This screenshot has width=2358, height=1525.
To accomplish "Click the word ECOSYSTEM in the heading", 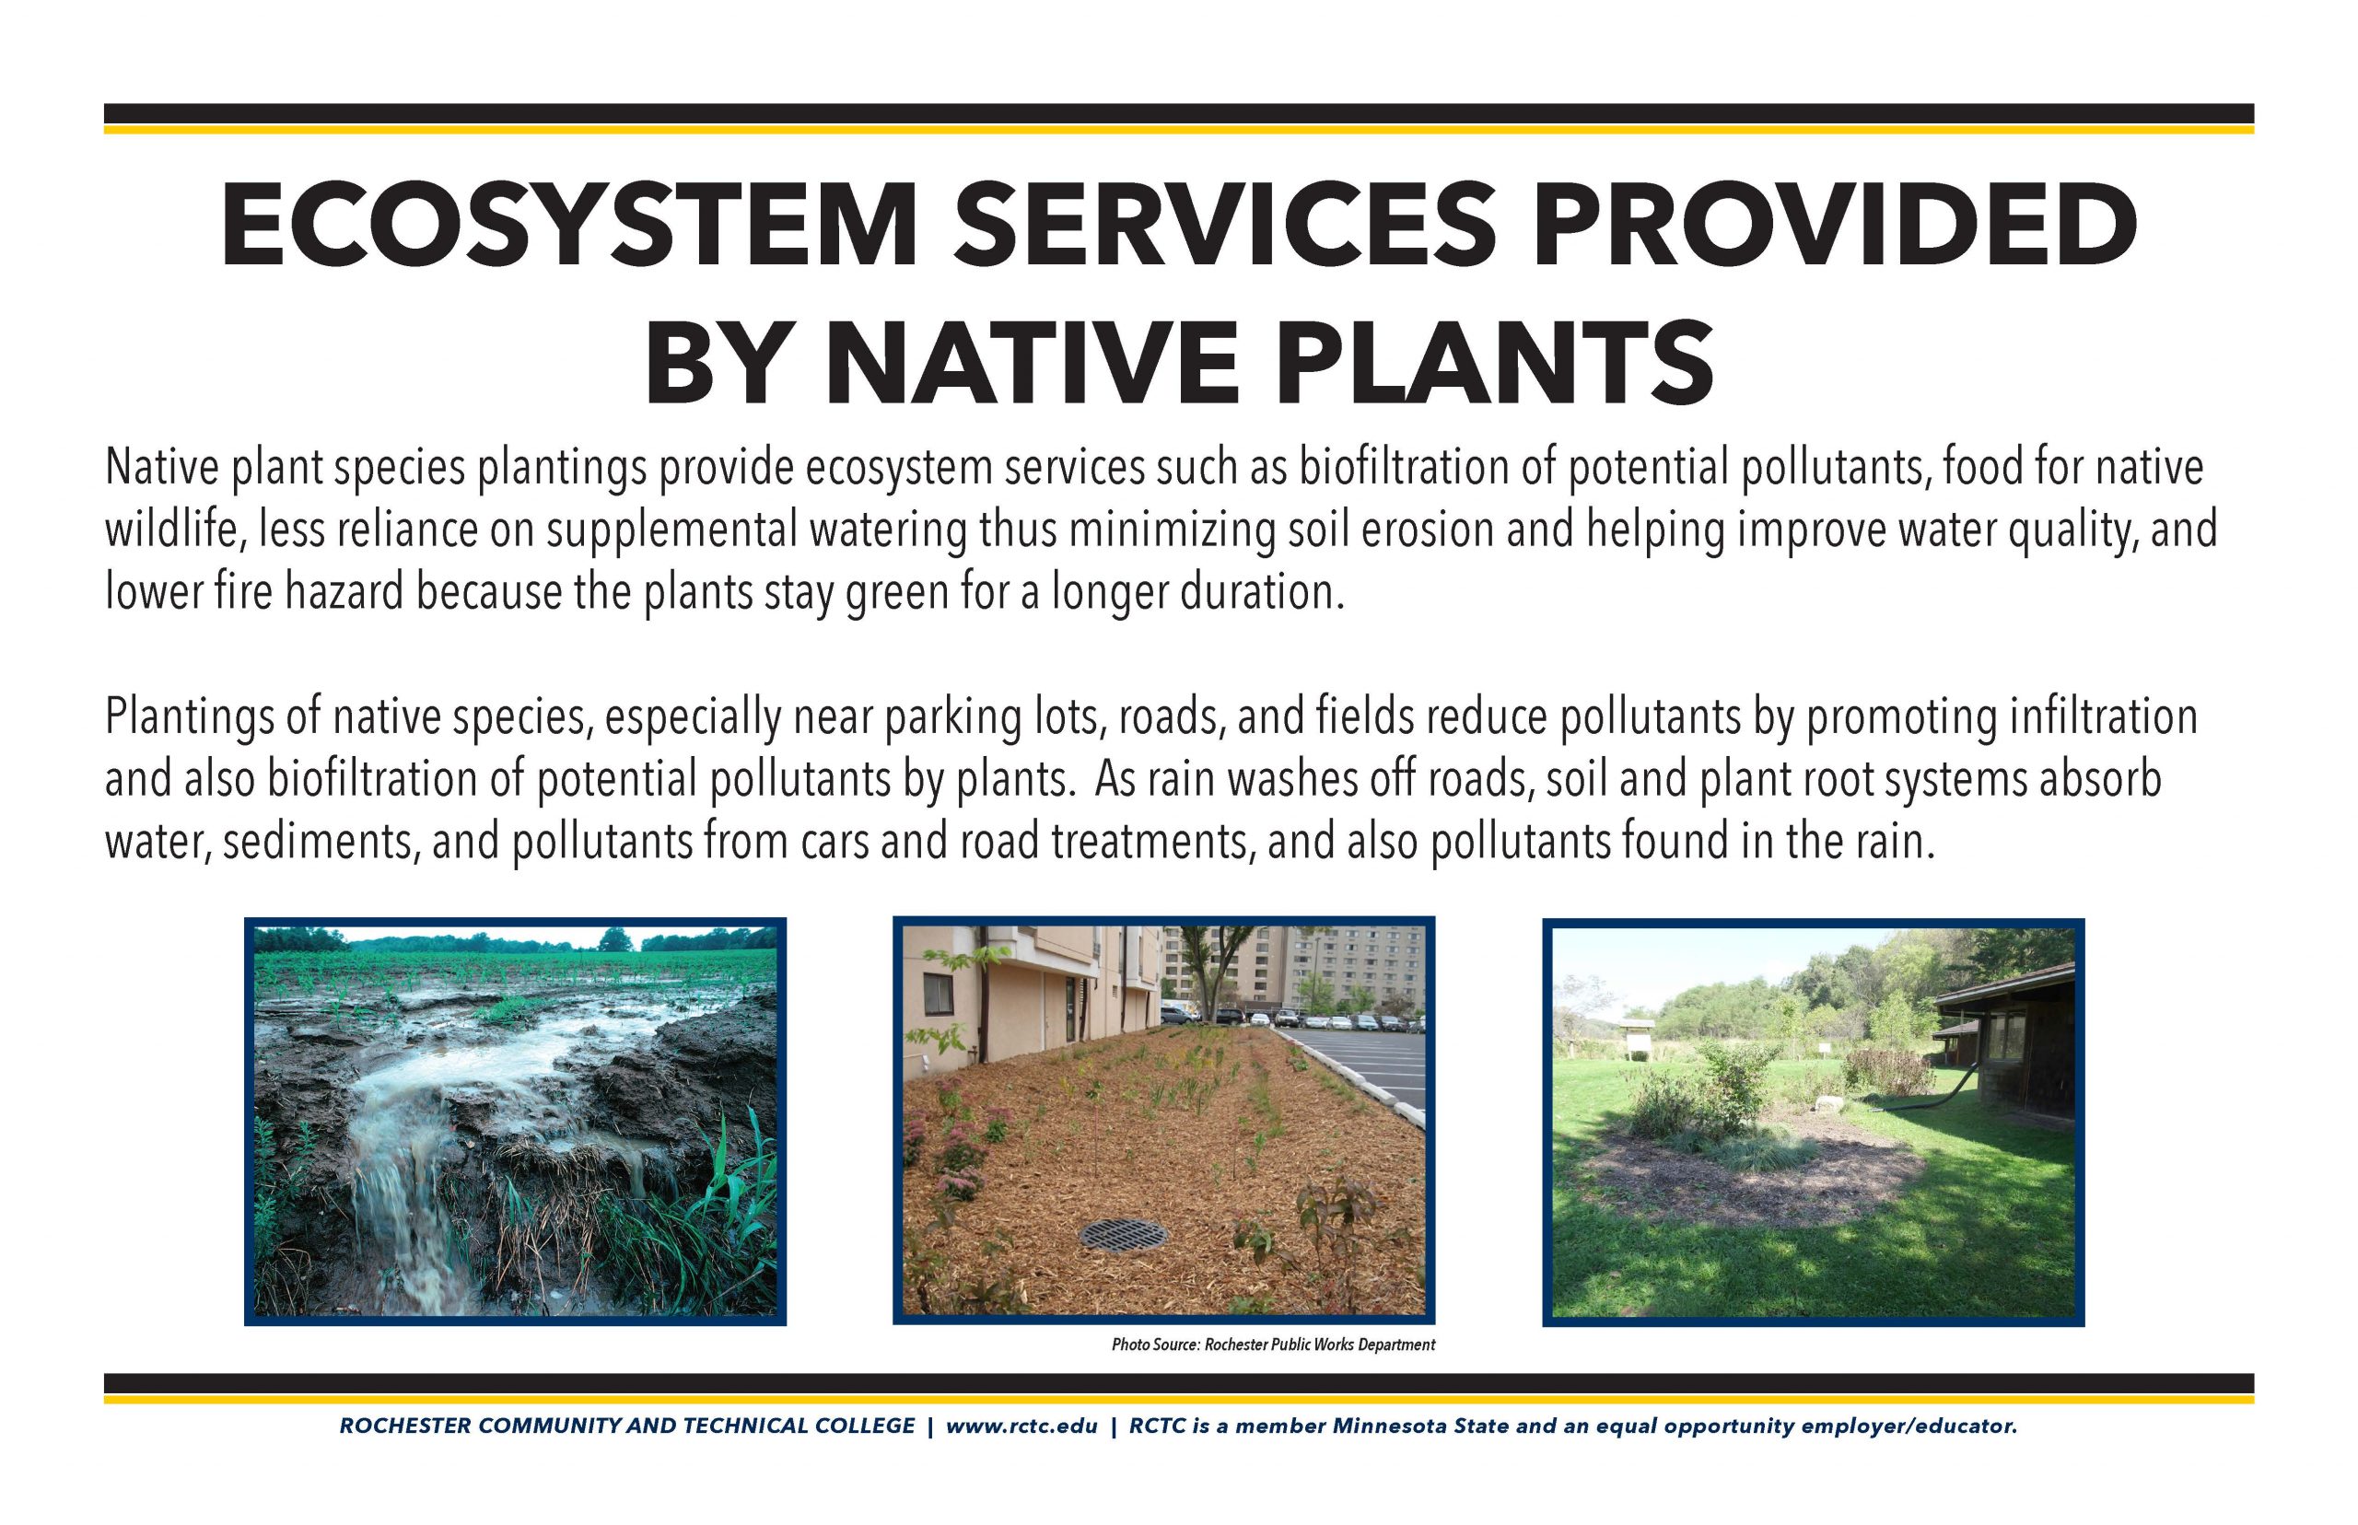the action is tap(568, 226).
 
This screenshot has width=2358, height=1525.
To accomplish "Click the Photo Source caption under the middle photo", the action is tap(1273, 1345).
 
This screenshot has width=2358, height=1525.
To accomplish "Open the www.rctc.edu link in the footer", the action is tap(1021, 1427).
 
